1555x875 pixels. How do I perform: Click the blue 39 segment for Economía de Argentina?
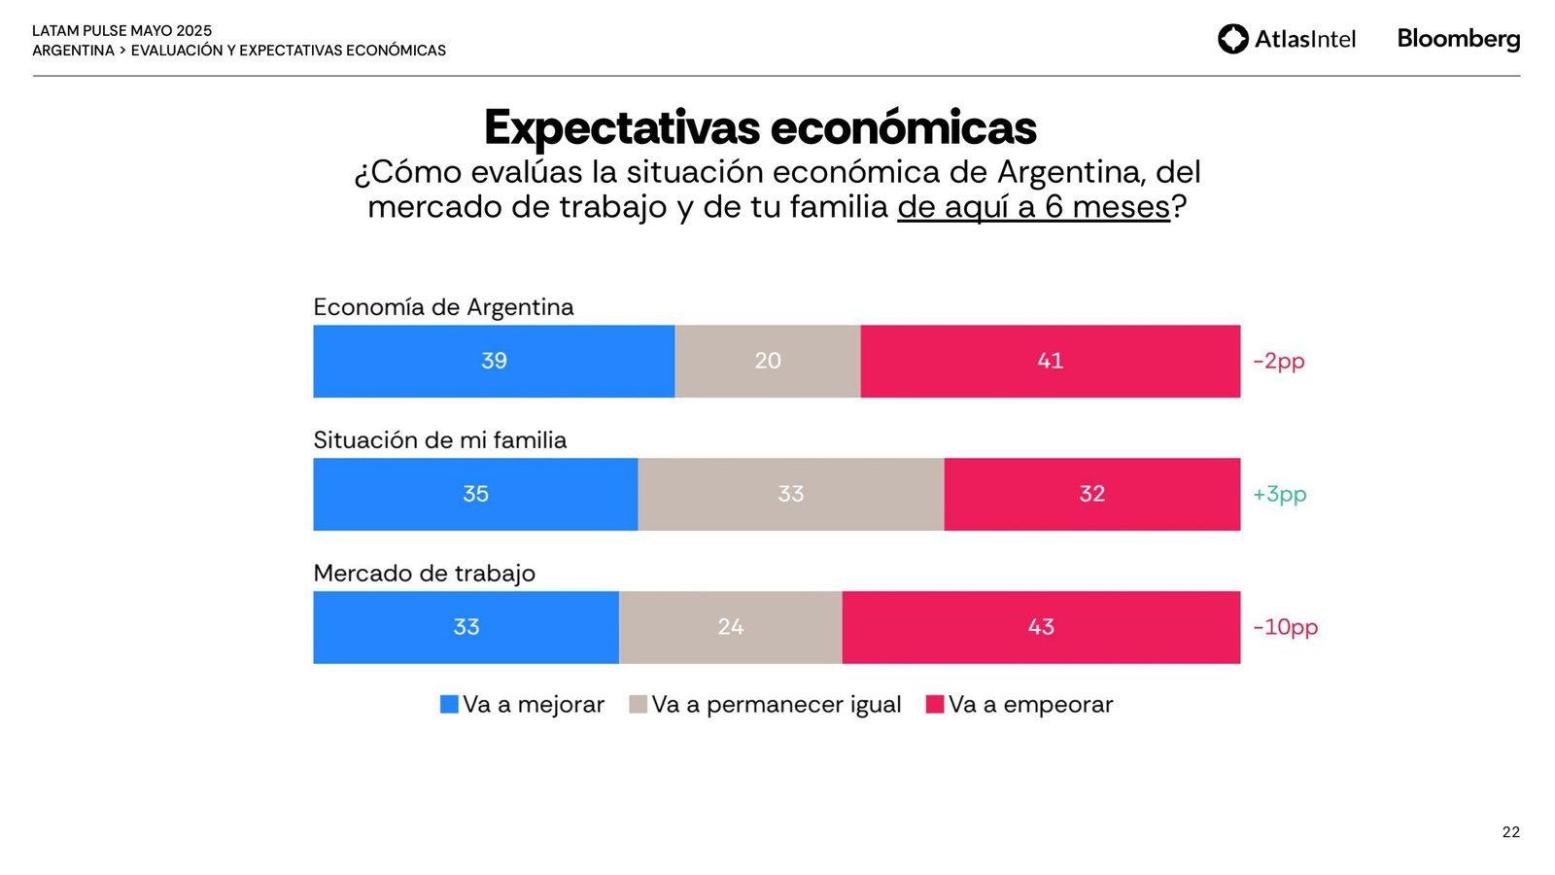[494, 361]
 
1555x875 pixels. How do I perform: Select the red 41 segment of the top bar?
[1050, 361]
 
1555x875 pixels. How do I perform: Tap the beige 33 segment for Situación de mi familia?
[790, 494]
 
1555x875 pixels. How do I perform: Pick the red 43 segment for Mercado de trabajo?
[1041, 627]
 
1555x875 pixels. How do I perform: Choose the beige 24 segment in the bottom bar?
[730, 627]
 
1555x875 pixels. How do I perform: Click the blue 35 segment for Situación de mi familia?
[475, 494]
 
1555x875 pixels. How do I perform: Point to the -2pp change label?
[1278, 361]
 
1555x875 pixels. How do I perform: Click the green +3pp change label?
[1279, 494]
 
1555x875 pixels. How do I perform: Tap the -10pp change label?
[1285, 627]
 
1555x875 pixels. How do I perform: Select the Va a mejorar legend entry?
[522, 705]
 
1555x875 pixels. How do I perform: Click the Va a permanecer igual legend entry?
[765, 705]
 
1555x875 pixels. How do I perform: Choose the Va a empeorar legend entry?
[1019, 705]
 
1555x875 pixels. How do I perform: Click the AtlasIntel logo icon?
[1232, 39]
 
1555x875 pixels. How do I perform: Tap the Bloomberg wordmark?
[1458, 39]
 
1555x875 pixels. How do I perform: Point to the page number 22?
[1510, 832]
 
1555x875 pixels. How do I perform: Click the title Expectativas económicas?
[760, 127]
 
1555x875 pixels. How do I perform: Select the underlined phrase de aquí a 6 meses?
[1033, 207]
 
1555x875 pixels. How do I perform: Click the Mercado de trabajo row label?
[424, 574]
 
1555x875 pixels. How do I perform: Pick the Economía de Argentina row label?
[443, 307]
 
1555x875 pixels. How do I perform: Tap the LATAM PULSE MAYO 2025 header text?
[121, 31]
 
